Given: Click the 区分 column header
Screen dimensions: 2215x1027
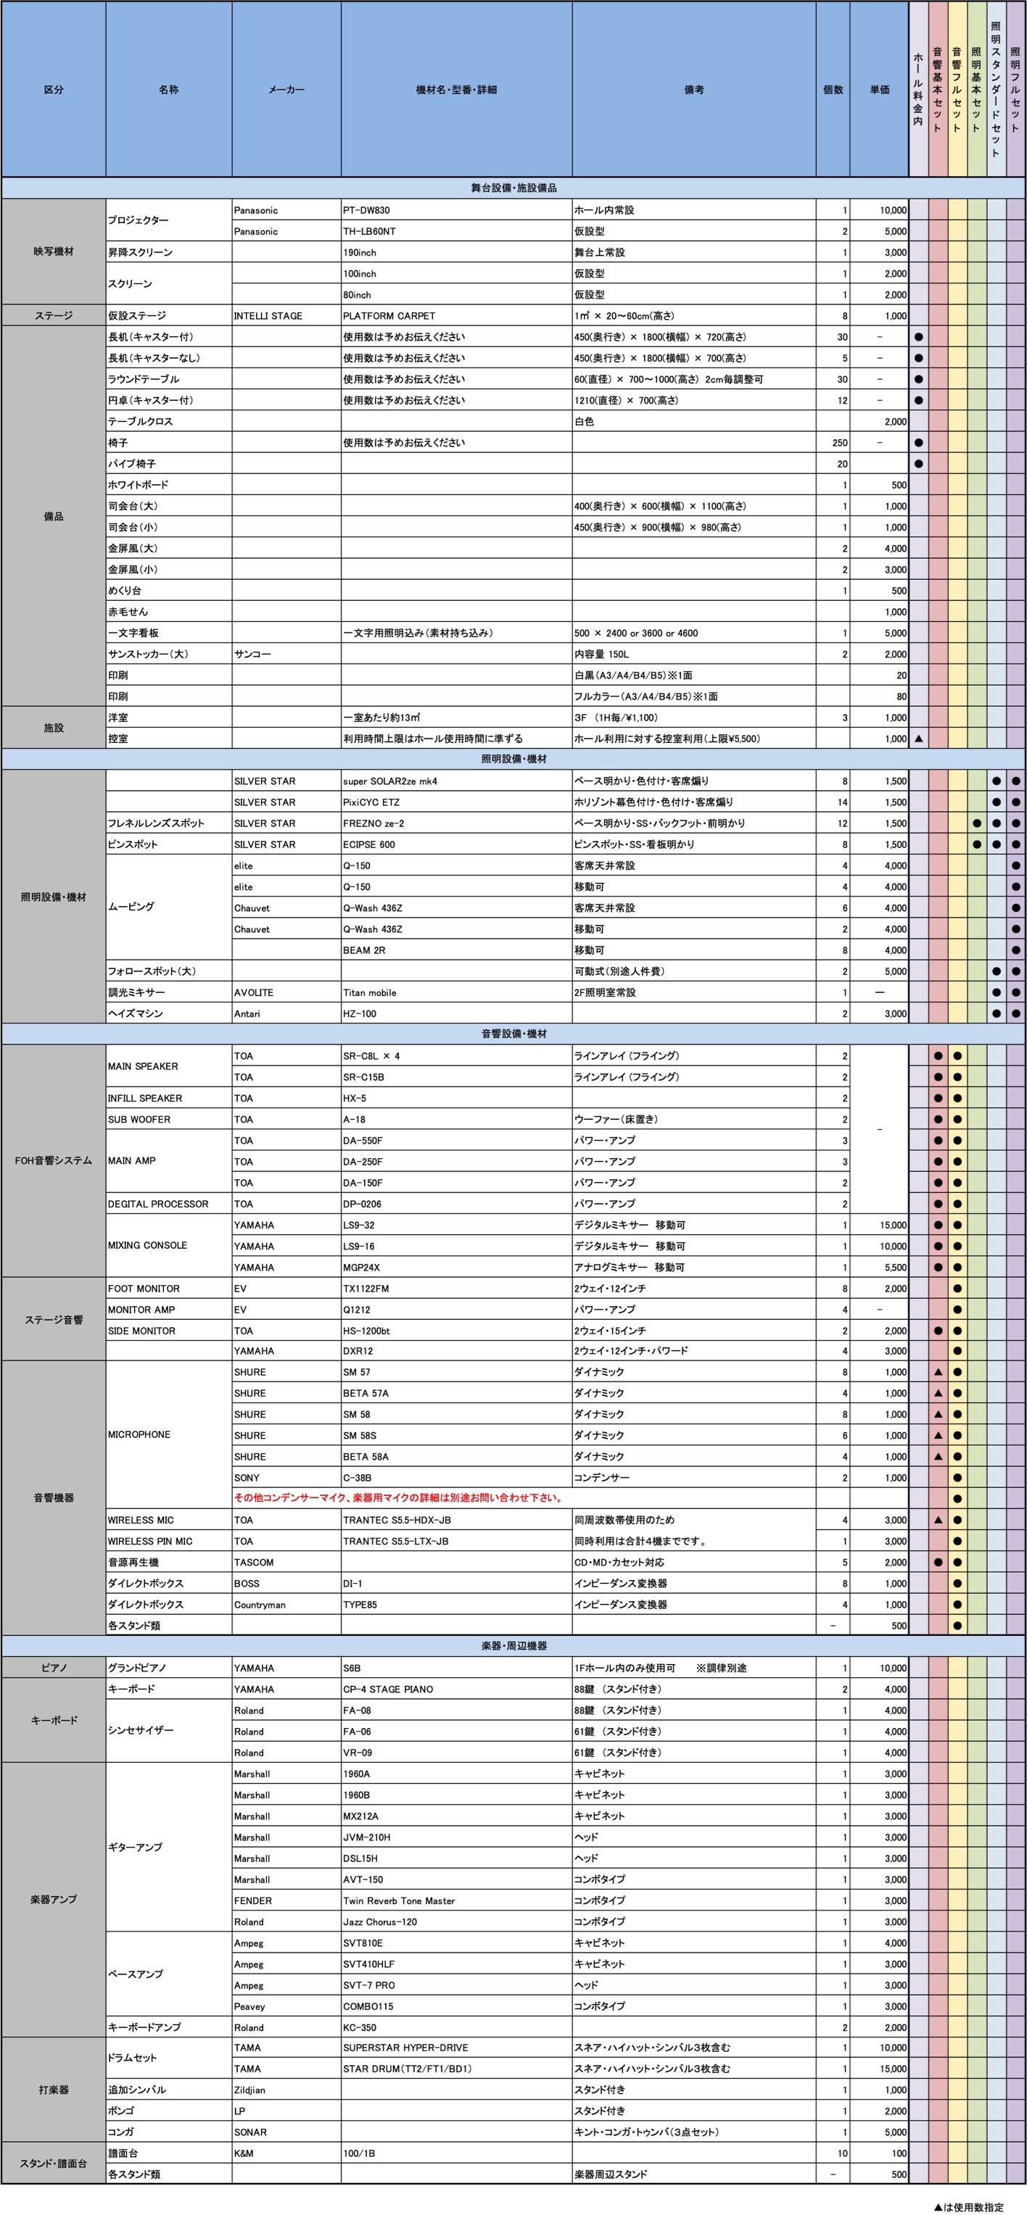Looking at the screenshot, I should pos(54,89).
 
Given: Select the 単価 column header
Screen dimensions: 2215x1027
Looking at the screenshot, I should pos(879,89).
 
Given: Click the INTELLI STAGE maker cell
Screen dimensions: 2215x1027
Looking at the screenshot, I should pos(268,315).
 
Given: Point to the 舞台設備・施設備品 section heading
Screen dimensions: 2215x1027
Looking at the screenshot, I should pos(513,188).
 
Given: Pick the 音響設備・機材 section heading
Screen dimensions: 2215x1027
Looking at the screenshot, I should pos(513,1034).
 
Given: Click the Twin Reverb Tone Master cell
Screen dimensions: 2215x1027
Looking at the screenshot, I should pos(399,1900).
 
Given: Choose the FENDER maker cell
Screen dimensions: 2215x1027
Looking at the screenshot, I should pos(253,1900).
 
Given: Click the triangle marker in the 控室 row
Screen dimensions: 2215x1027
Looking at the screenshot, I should pos(919,739).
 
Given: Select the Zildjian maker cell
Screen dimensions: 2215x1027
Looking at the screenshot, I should pos(249,2090).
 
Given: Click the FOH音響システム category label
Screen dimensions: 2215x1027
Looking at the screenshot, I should pos(54,1160).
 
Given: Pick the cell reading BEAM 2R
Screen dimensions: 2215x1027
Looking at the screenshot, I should pos(364,950).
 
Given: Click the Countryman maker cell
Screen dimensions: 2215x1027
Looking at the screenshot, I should pos(256,1604).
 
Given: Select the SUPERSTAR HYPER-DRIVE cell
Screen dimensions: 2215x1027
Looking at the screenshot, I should pos(406,2048).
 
